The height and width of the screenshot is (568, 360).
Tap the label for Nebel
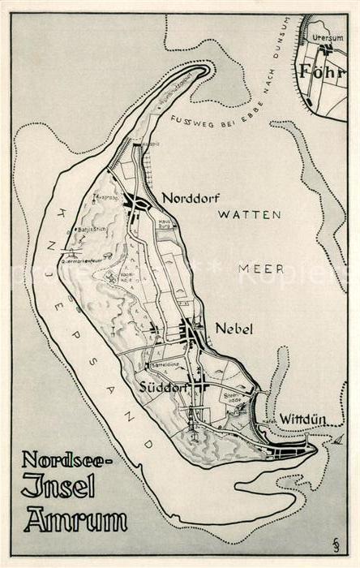tap(234, 329)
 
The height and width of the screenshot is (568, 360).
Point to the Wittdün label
tap(302, 420)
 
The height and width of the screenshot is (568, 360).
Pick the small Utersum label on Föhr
tap(328, 38)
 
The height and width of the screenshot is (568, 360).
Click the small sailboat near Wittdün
tap(337, 441)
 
